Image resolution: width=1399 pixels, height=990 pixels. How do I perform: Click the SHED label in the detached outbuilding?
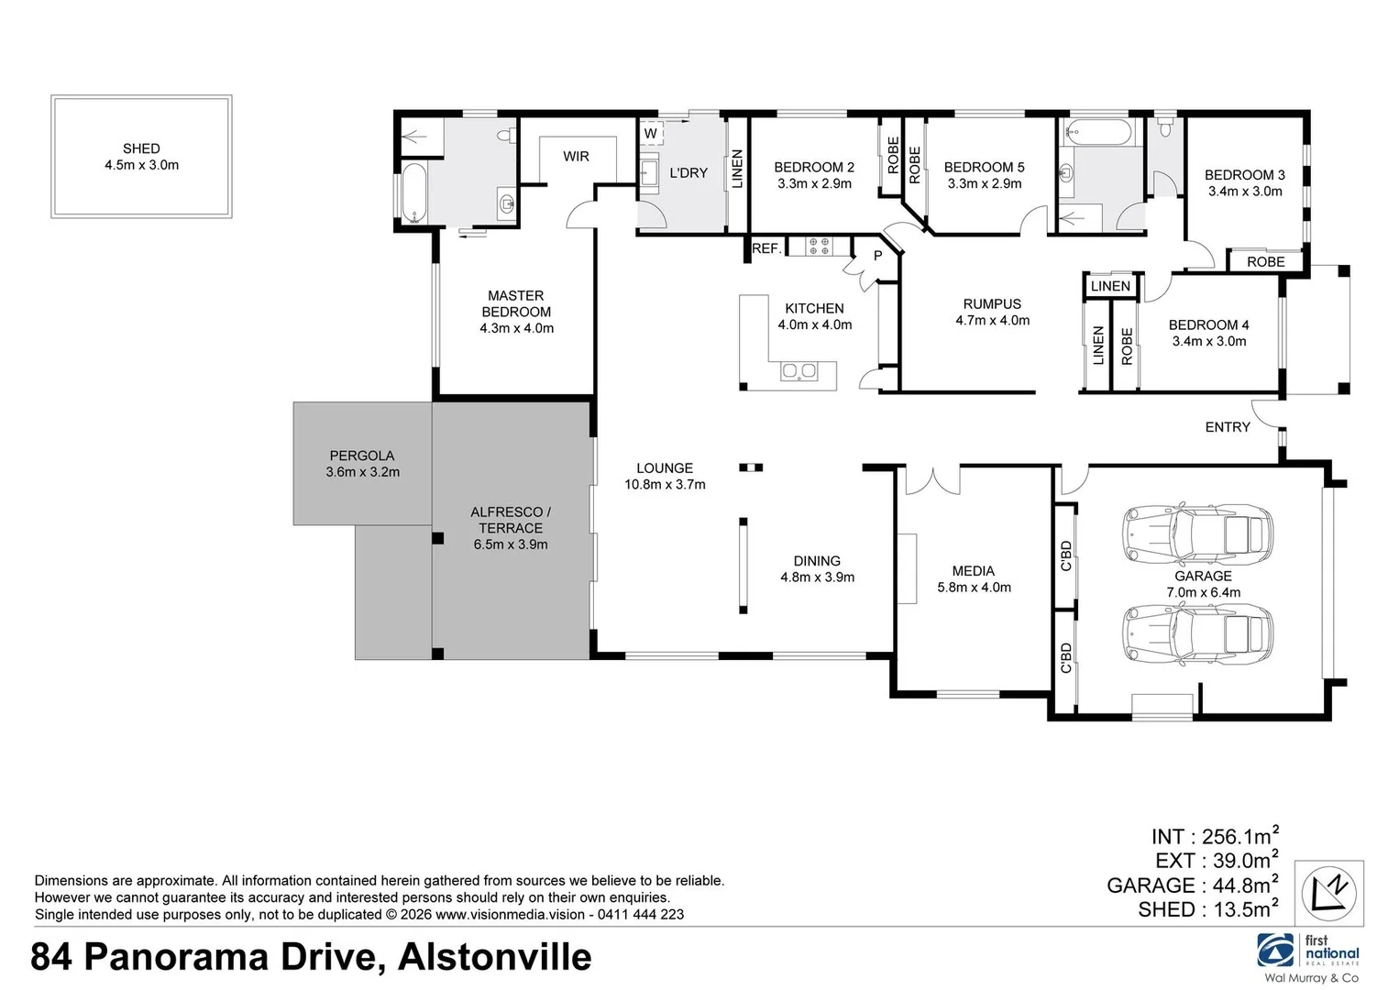[x=141, y=148]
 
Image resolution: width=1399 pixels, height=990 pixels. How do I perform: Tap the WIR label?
[x=576, y=156]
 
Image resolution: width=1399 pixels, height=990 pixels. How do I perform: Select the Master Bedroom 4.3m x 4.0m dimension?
[x=516, y=328]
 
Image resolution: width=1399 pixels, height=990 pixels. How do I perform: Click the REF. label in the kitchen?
[x=767, y=248]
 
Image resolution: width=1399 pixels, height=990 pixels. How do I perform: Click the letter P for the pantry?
[x=877, y=256]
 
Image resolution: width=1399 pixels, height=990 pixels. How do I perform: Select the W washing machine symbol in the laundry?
[x=650, y=133]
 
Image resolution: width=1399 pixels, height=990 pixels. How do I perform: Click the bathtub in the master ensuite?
[x=413, y=192]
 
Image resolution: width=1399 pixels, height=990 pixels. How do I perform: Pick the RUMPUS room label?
[x=992, y=304]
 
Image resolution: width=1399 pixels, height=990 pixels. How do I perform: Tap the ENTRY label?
[x=1228, y=427]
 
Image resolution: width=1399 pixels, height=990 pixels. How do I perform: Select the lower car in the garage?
[x=1197, y=634]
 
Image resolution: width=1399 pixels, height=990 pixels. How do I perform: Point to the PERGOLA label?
[x=361, y=456]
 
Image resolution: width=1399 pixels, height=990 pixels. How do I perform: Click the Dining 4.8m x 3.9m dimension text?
[x=817, y=577]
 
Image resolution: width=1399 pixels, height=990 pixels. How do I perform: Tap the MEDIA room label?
[x=973, y=571]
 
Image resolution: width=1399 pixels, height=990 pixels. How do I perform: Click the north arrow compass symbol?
[x=1328, y=893]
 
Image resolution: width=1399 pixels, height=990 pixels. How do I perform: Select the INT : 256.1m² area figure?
[x=1215, y=836]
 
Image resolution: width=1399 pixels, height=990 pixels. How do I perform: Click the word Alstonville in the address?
[x=495, y=957]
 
